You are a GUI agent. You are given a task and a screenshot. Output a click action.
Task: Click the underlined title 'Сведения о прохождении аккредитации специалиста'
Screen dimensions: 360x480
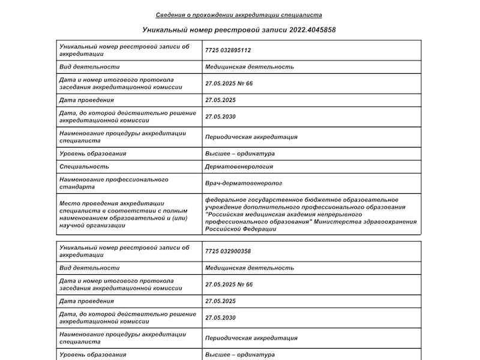(x=239, y=15)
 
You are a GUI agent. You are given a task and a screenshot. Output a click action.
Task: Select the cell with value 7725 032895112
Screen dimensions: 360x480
(x=228, y=50)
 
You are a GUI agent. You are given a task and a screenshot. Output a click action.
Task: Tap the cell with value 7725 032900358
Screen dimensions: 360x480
(x=228, y=251)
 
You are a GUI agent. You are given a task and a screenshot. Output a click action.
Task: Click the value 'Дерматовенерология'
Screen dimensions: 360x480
(x=239, y=166)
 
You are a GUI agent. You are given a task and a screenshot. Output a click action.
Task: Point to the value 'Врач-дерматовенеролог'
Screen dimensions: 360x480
(x=243, y=183)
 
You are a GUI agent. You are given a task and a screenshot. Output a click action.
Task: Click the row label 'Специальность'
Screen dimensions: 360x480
(x=84, y=166)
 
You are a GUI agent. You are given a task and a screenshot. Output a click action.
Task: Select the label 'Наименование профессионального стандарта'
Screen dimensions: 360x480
(x=114, y=183)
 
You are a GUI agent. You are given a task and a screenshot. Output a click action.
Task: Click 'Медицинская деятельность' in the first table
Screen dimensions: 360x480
(x=249, y=67)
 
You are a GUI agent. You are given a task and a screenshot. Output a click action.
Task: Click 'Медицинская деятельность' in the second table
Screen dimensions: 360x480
(x=249, y=268)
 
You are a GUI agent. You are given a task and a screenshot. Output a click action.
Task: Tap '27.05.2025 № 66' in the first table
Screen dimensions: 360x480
(x=229, y=83)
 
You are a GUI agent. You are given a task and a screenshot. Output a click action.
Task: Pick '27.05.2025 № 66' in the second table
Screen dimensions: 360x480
(x=229, y=284)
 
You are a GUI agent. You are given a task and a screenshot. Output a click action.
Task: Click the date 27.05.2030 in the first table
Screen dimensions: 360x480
(x=220, y=117)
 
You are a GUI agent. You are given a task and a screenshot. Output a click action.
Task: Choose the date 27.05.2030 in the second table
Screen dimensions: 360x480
(x=220, y=318)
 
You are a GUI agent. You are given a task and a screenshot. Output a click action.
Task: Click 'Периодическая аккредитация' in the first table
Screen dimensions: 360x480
(x=251, y=137)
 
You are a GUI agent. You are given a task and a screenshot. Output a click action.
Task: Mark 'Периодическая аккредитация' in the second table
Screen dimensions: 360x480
(x=251, y=338)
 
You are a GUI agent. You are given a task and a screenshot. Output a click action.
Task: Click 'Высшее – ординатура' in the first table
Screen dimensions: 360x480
(x=239, y=154)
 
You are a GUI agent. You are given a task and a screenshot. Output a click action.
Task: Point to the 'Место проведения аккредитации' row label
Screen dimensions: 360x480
(x=112, y=203)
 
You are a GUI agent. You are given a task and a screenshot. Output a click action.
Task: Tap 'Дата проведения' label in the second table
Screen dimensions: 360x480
(x=86, y=301)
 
